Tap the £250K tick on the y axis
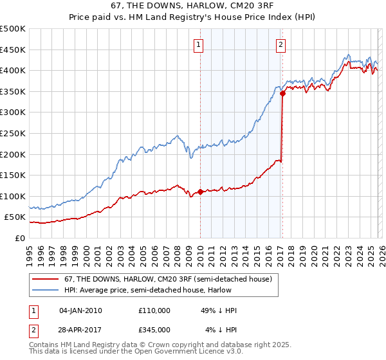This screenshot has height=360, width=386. [13, 133]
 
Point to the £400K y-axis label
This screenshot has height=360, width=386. [13, 70]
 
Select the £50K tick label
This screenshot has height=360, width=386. [15, 217]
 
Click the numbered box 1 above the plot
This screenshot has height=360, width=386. [199, 44]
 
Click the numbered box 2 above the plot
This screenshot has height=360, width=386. [281, 44]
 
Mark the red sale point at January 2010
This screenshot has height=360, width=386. [200, 192]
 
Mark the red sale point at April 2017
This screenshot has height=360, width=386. [282, 93]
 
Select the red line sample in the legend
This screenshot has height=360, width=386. [46, 279]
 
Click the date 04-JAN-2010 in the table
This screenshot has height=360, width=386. [80, 310]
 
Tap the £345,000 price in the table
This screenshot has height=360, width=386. [154, 330]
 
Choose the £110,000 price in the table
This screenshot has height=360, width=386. [154, 310]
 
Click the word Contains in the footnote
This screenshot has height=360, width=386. [45, 345]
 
